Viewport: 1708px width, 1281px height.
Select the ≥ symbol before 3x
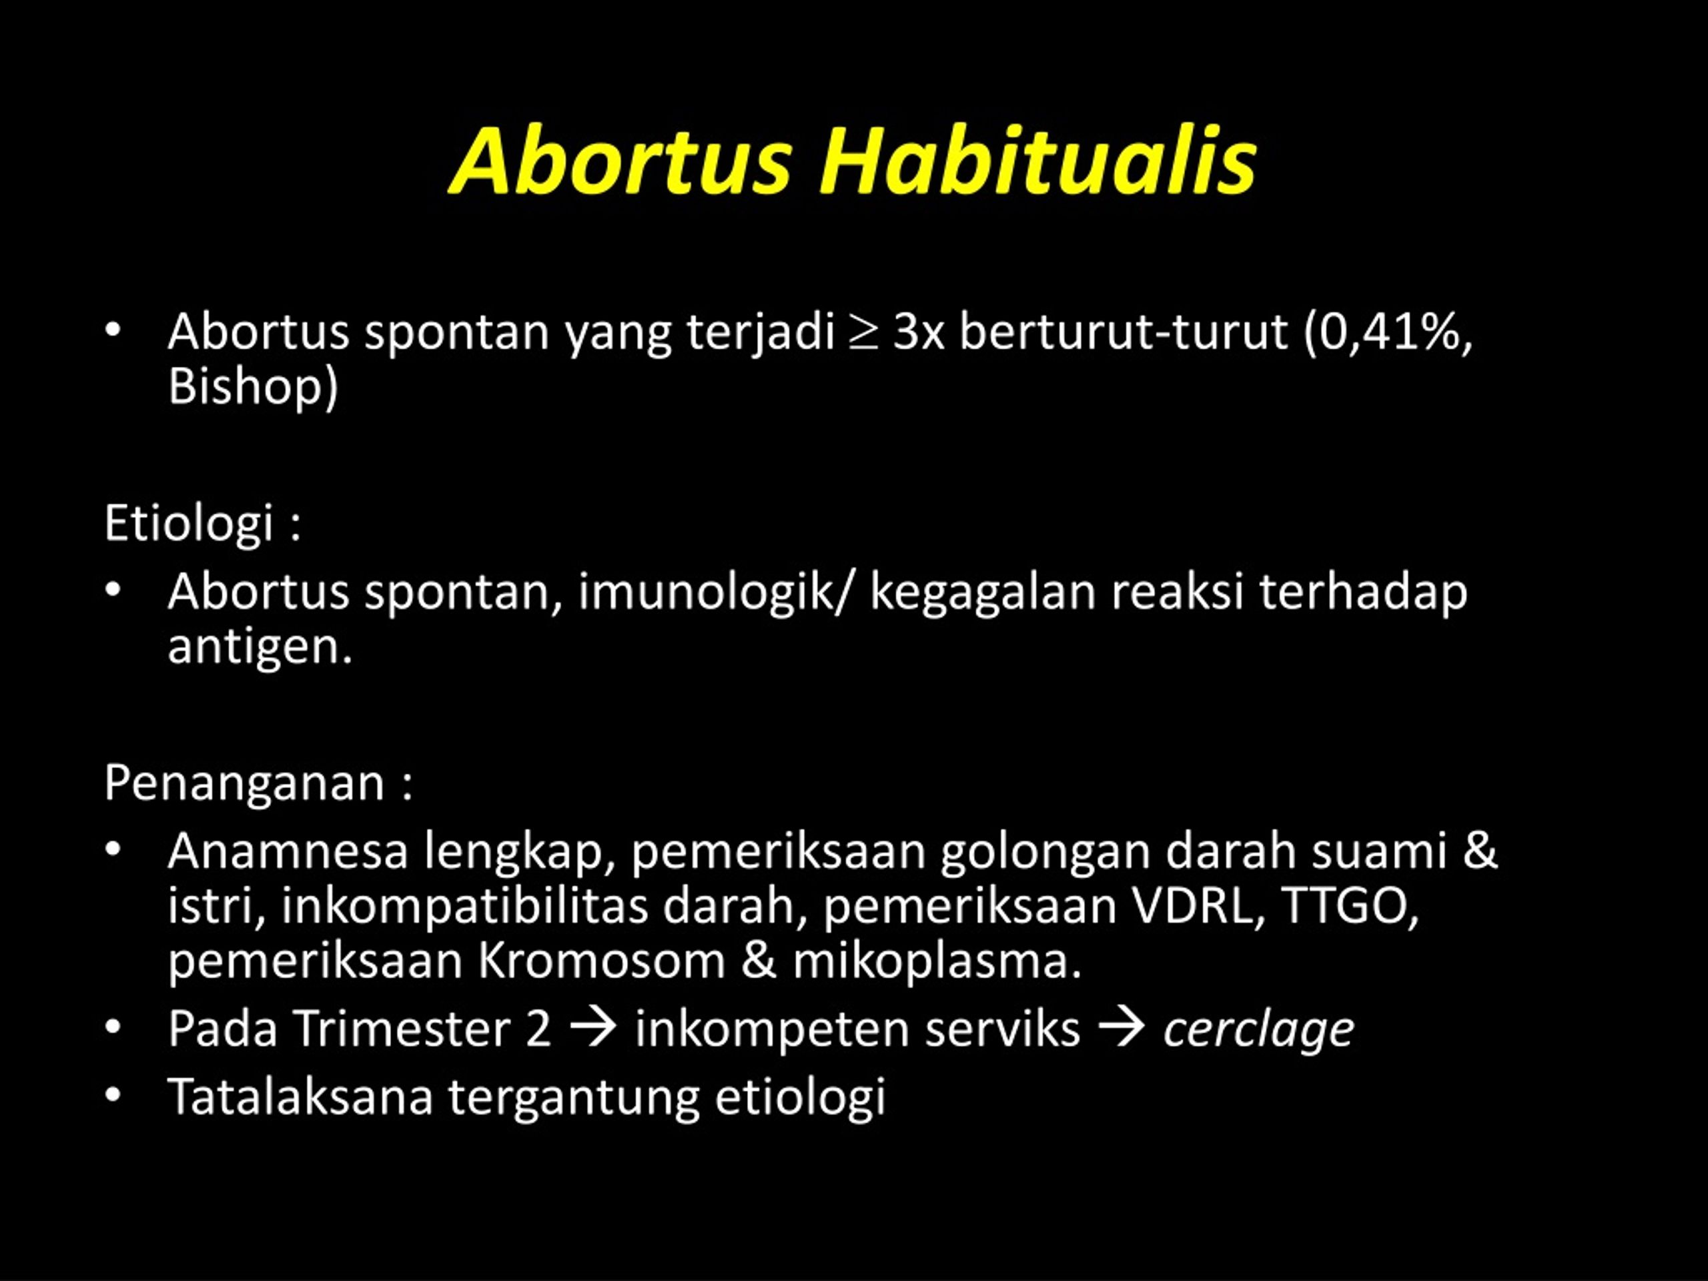pyautogui.click(x=863, y=333)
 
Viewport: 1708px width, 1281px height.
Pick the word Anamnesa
pyautogui.click(x=288, y=851)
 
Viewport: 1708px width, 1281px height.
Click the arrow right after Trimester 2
pyautogui.click(x=593, y=1029)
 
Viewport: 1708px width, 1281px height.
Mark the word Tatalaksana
pyautogui.click(x=300, y=1096)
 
